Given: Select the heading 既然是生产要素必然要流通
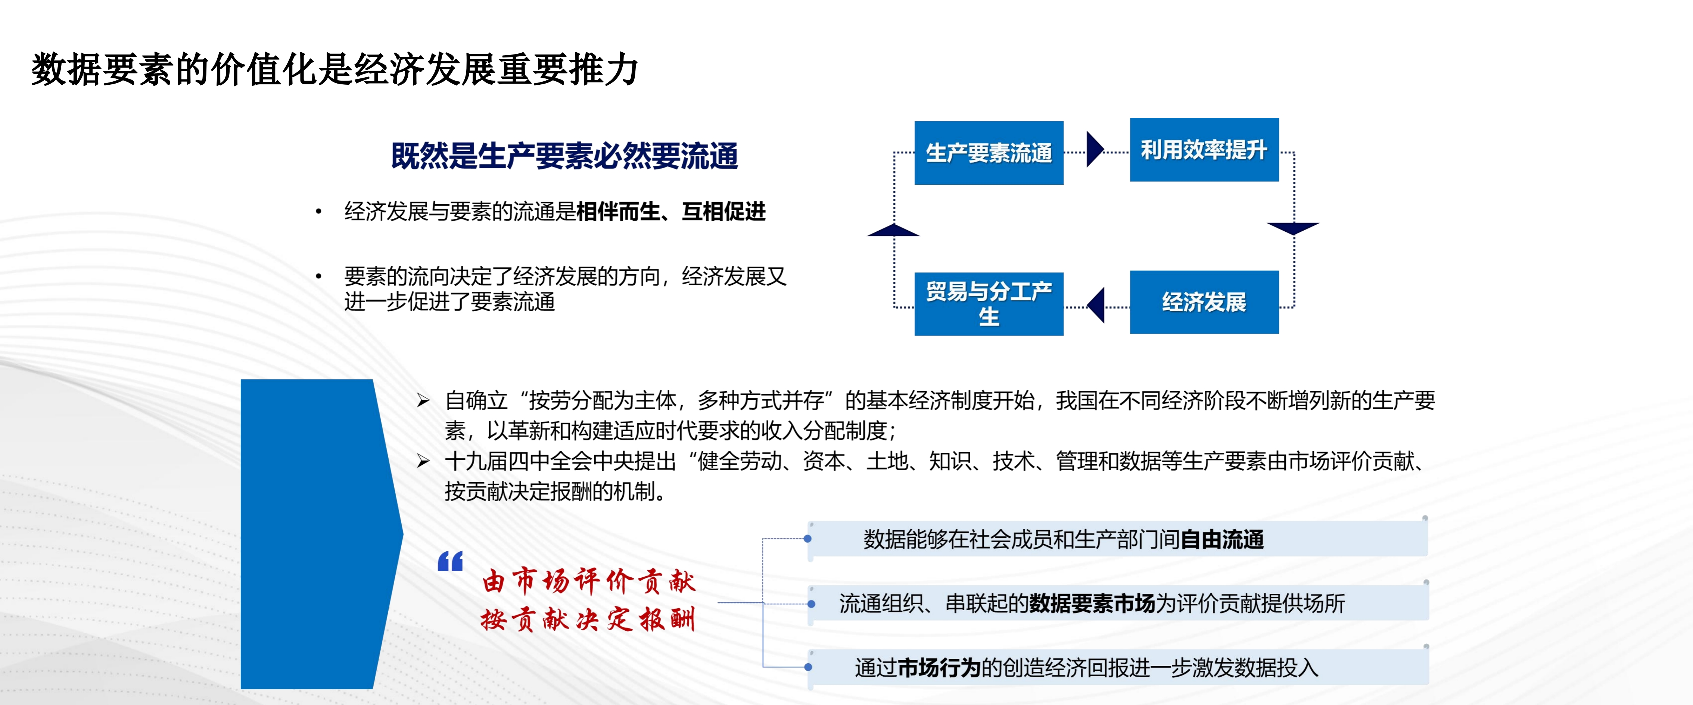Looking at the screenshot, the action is [564, 156].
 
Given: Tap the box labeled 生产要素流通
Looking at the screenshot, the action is [989, 152].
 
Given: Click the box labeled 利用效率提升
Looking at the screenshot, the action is [1204, 150].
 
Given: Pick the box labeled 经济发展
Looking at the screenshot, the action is [1204, 302].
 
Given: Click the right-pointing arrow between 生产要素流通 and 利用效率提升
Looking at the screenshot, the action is [1095, 150].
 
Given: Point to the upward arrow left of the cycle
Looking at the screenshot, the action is [893, 230].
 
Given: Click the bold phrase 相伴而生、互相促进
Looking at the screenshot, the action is [671, 212].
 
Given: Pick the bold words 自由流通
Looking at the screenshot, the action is [1222, 539].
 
